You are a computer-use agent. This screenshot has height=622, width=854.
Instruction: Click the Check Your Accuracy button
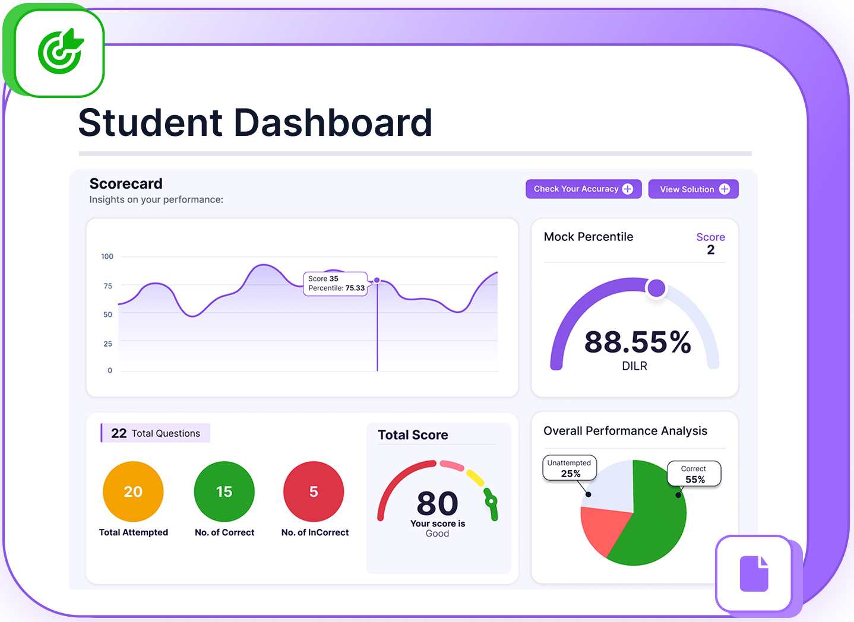(x=583, y=189)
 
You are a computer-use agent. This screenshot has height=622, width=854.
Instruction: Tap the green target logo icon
(x=60, y=52)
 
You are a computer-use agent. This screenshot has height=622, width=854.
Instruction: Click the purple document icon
(x=754, y=573)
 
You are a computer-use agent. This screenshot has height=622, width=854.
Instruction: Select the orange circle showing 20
(x=133, y=491)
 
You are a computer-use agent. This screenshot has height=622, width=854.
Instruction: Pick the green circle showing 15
(x=224, y=491)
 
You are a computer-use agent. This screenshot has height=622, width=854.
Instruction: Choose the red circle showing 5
(x=314, y=491)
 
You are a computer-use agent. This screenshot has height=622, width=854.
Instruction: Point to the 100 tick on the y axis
(x=107, y=256)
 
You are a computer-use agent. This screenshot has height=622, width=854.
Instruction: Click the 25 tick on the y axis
(x=107, y=344)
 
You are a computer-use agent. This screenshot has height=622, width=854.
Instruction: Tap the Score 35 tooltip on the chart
(x=336, y=284)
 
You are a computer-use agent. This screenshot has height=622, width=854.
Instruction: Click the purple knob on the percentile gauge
(x=656, y=288)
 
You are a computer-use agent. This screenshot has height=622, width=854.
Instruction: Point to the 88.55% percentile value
(x=638, y=342)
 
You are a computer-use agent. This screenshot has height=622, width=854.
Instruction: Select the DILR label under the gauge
(x=634, y=366)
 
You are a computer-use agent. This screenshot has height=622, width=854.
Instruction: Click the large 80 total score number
(x=438, y=504)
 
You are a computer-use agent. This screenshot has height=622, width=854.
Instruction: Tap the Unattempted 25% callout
(x=570, y=468)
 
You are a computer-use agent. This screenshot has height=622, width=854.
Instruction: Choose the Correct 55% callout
(x=694, y=474)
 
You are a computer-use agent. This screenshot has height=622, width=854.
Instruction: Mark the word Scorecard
(x=126, y=183)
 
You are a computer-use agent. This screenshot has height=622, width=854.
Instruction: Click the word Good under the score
(x=437, y=534)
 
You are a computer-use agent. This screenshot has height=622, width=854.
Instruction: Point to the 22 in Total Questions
(x=119, y=433)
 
